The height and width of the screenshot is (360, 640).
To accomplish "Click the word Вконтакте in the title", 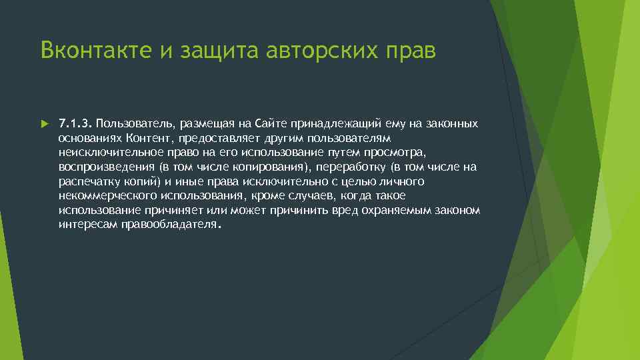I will pyautogui.click(x=94, y=50).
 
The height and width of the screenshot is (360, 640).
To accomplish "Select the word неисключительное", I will pyautogui.click(x=112, y=152).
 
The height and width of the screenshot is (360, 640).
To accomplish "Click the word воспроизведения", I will pyautogui.click(x=97, y=167).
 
